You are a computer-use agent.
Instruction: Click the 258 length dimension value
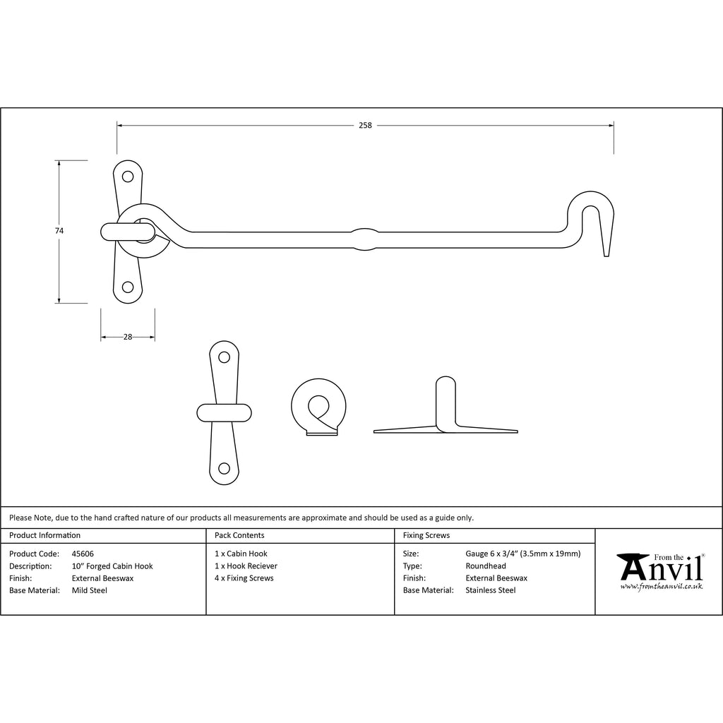365,126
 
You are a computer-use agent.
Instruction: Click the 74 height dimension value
59,231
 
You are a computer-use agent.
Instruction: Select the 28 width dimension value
128,337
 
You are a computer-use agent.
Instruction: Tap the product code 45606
83,554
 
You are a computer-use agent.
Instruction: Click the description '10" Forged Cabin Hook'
112,566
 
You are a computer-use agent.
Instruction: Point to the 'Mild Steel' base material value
90,590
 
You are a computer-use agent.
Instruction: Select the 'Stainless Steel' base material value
491,590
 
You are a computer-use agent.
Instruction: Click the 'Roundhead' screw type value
486,566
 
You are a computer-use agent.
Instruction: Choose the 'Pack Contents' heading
239,535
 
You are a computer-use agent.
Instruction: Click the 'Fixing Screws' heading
426,535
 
